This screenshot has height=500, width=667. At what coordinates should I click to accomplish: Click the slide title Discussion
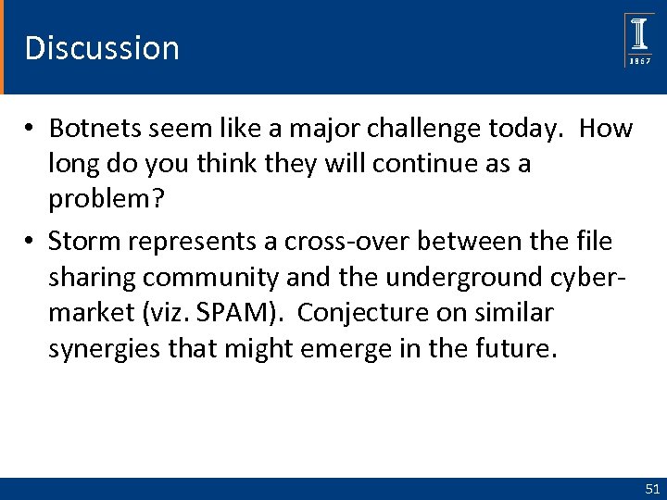(102, 47)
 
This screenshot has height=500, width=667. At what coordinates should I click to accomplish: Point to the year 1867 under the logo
(640, 61)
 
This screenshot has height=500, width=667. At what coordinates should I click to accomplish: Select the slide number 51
(651, 488)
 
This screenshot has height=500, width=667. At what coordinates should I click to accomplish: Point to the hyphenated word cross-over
(305, 242)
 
